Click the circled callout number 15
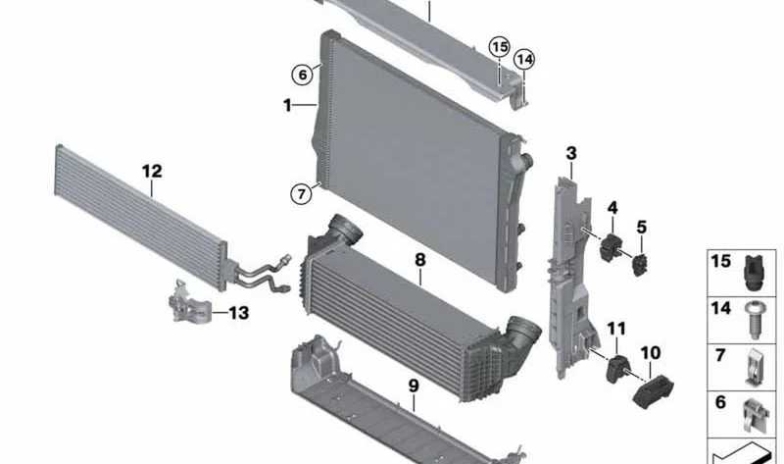pos(499,47)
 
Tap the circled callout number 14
pos(524,60)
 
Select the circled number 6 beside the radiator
pos(302,76)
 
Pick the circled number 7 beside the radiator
pos(301,193)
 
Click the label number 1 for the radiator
pos(287,106)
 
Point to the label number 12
pos(152,172)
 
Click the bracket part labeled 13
pos(188,302)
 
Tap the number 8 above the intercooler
pos(420,260)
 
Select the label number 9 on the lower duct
pos(413,386)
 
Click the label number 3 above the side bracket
pos(571,153)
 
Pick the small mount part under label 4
pos(610,247)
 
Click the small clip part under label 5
pos(641,265)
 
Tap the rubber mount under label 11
pos(617,369)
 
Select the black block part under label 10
pos(653,391)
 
